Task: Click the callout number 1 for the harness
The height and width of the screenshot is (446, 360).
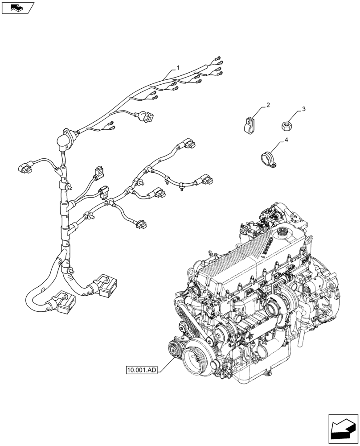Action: pyautogui.click(x=178, y=68)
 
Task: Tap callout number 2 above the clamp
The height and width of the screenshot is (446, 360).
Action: pyautogui.click(x=268, y=105)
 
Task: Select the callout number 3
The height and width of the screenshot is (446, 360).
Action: pyautogui.click(x=303, y=109)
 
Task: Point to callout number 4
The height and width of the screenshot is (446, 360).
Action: pyautogui.click(x=286, y=140)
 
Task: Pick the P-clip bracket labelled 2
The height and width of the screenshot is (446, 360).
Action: pyautogui.click(x=250, y=124)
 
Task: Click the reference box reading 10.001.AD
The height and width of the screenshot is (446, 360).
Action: pyautogui.click(x=141, y=370)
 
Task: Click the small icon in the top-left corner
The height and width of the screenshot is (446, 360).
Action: pyautogui.click(x=17, y=7)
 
